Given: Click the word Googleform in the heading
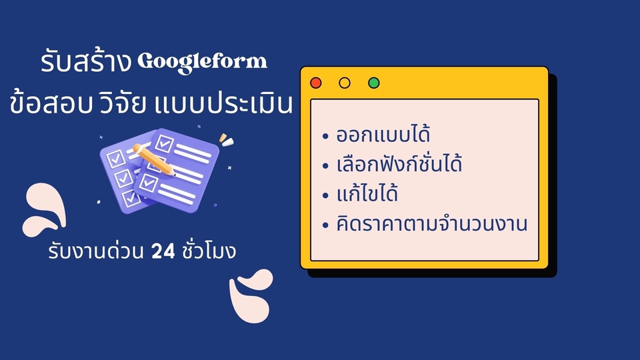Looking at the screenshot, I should [202, 61].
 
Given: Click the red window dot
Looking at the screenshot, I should [316, 83].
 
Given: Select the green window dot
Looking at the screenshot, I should [373, 83].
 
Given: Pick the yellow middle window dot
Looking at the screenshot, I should [345, 83].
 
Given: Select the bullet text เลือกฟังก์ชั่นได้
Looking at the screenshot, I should [401, 165].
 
